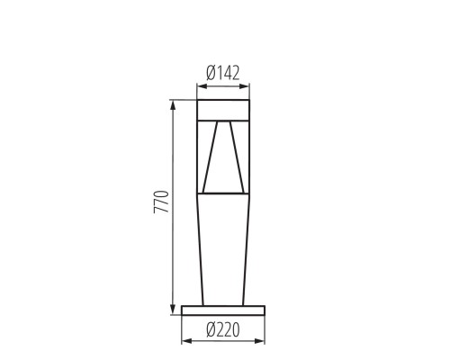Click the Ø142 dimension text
coord(222,74)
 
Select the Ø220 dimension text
coord(223,329)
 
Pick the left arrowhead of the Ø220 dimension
coord(184,342)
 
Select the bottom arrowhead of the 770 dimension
coord(173,311)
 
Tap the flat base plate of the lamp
coord(223,310)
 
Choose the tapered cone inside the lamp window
coord(222,162)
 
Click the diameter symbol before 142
coord(210,74)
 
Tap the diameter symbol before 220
coord(209,329)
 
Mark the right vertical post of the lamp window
coord(247,157)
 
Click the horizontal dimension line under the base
coord(223,342)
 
